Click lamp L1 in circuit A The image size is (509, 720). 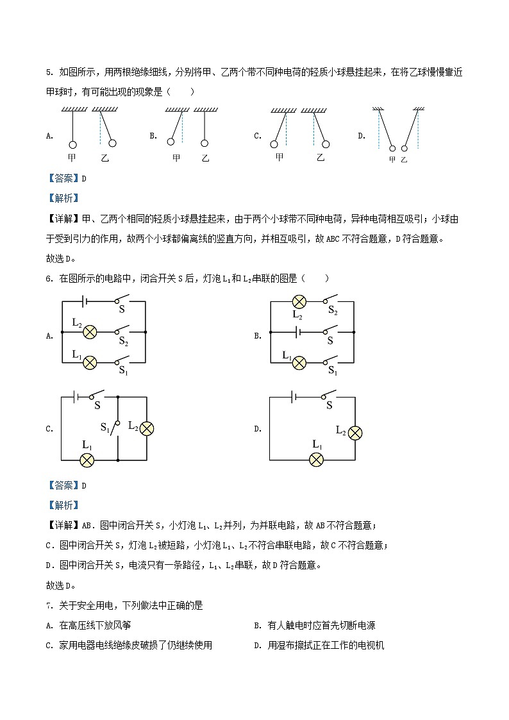(90, 363)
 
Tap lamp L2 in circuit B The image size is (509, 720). (299, 301)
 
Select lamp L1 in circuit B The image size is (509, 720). (299, 363)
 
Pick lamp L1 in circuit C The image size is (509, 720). (87, 460)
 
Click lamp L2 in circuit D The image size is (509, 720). (355, 433)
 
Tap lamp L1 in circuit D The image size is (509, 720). (316, 459)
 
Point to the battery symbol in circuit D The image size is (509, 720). (293, 398)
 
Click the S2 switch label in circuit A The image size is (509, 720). (123, 343)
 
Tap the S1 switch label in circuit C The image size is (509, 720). (105, 427)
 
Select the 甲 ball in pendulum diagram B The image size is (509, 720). (172, 142)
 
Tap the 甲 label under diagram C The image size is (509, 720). (279, 157)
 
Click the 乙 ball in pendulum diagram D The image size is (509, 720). (404, 149)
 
